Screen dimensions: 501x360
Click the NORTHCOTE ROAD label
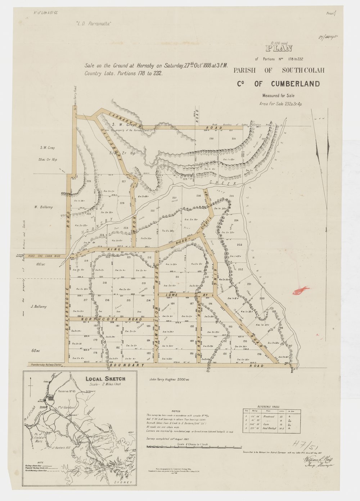(107, 319)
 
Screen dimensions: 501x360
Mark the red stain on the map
(302, 289)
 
